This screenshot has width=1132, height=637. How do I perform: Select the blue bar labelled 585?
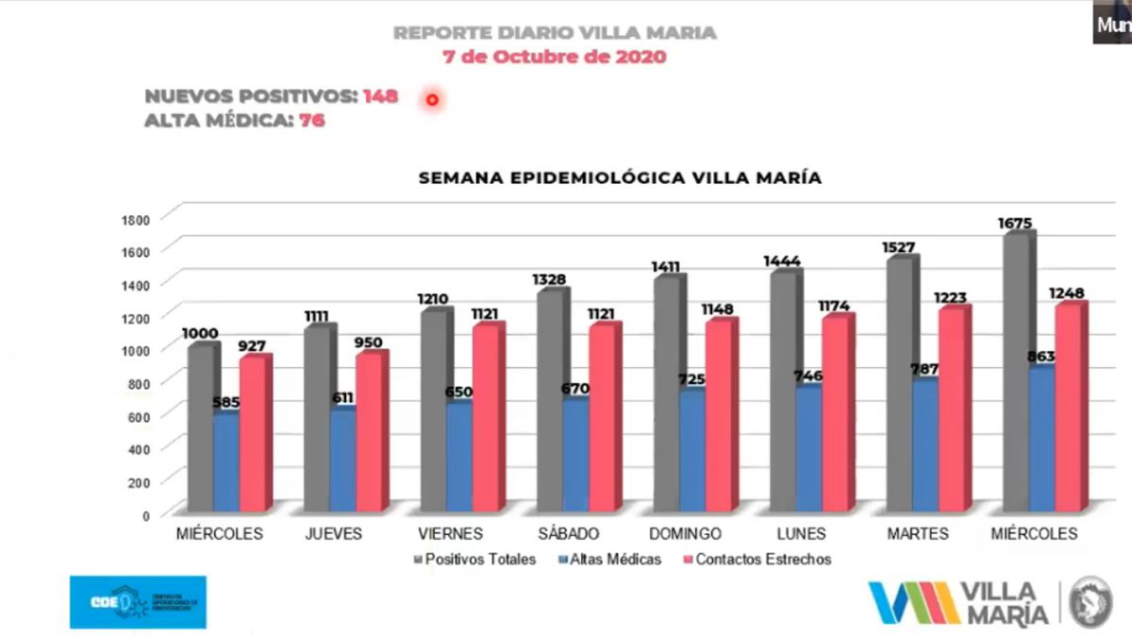click(225, 462)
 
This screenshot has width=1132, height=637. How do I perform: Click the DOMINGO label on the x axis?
click(686, 534)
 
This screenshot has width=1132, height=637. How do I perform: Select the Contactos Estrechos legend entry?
click(762, 560)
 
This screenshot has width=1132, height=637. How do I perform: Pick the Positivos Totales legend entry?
click(479, 560)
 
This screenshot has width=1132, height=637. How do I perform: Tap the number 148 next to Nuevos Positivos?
click(380, 96)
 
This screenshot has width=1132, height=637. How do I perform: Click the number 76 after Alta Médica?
click(312, 120)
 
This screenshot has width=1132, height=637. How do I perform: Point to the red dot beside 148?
click(432, 99)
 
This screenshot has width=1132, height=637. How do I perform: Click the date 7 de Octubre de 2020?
click(555, 57)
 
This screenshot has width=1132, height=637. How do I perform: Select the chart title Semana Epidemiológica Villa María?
click(621, 177)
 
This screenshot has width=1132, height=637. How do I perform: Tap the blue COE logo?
click(138, 602)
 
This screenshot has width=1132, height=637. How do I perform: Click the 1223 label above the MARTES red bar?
click(952, 298)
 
